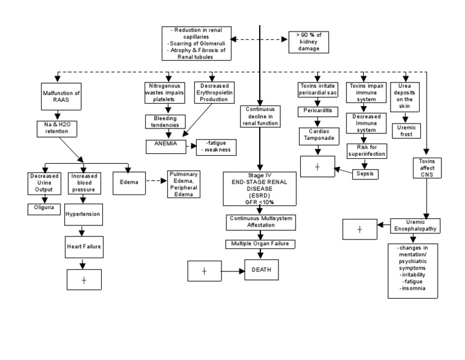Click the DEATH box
click(x=262, y=270)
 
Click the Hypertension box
click(x=84, y=214)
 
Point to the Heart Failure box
click(x=84, y=246)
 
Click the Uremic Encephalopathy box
click(x=415, y=225)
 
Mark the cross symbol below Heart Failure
click(x=84, y=279)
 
